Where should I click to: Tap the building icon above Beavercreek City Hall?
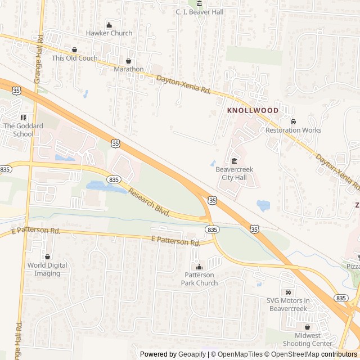234,161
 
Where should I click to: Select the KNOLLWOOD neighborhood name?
253,110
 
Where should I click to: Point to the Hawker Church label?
109,33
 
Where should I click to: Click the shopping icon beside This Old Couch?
74,49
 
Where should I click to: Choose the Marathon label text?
129,69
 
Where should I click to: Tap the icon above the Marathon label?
129,61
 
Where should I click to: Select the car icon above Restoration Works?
293,121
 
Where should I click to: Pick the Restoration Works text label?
293,130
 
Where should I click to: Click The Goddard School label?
23,130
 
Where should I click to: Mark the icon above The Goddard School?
23,118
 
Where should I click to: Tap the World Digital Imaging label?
47,269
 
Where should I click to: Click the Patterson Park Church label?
199,278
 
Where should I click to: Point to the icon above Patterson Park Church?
199,267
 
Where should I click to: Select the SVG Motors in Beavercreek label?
288,304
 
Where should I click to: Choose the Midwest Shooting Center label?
307,339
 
